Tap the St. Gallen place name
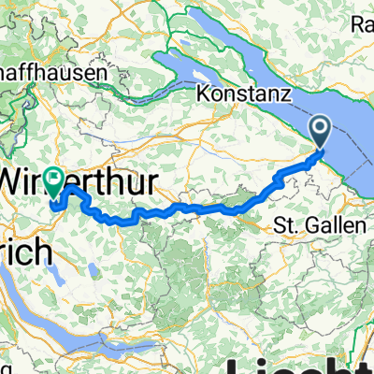pos(310,225)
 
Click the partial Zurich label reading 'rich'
pos(22,229)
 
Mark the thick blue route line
pos(187,207)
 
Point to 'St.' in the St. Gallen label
pos(282,225)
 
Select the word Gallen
pos(324,225)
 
